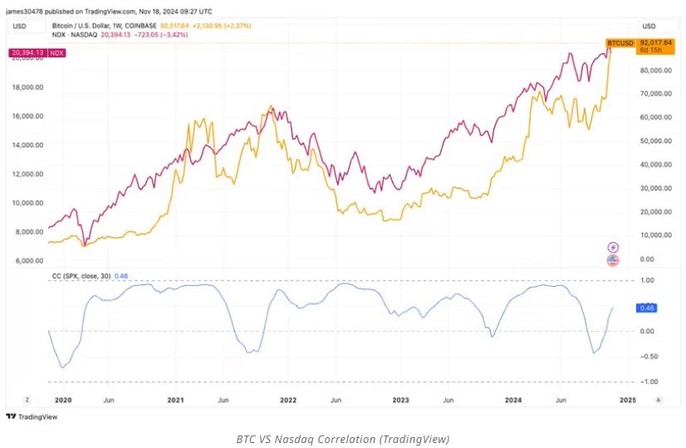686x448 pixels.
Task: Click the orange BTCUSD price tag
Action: [x=620, y=42]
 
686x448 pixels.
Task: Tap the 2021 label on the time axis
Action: [x=175, y=400]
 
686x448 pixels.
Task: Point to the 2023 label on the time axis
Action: [x=401, y=400]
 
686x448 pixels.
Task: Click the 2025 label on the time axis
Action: [x=628, y=400]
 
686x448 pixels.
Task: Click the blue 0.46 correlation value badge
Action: [x=648, y=308]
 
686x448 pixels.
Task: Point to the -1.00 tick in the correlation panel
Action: [x=649, y=382]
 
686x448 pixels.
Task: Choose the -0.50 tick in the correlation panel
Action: [x=649, y=357]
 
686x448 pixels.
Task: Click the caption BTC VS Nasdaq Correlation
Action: [x=342, y=438]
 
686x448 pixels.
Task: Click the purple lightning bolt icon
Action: [x=613, y=247]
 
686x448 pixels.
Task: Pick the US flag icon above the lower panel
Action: [x=613, y=260]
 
